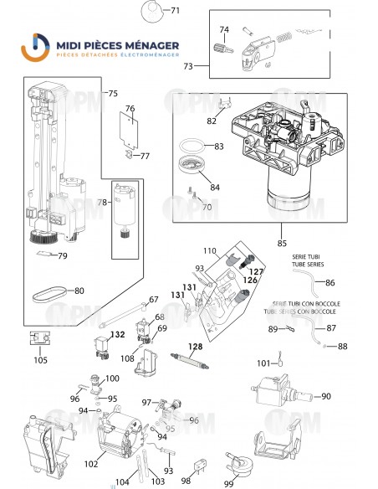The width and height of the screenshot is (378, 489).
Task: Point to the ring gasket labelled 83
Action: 195,143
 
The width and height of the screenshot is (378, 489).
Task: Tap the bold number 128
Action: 195,347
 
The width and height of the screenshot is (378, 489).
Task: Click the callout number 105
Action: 40,361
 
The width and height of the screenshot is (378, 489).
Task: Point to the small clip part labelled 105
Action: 39,339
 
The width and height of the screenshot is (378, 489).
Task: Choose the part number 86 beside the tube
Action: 330,283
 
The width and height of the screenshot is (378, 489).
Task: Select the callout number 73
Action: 189,65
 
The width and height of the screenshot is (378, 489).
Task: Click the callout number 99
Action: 227,483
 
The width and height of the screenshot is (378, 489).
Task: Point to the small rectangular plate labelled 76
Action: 129,126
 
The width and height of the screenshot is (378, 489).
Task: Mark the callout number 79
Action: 62,256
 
